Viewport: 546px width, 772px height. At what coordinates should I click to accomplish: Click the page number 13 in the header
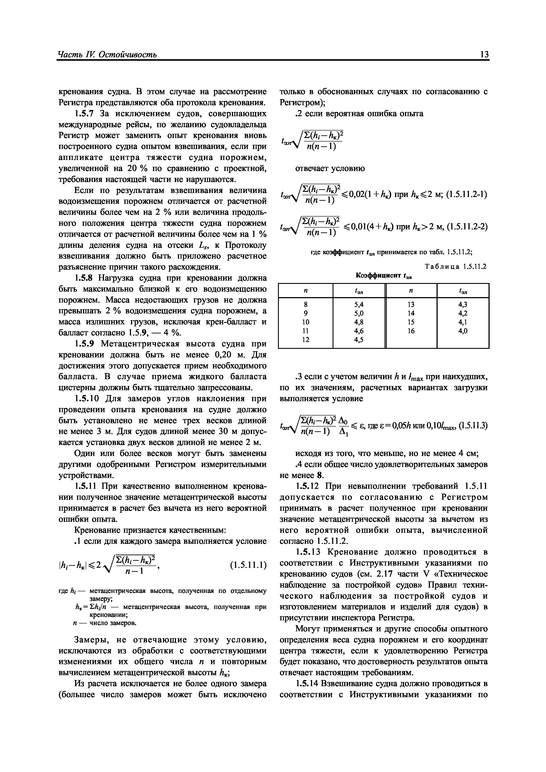coord(484,55)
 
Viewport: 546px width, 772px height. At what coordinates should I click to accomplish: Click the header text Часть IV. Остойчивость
coord(107,55)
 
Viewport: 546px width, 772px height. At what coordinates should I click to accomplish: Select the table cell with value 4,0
coord(463,331)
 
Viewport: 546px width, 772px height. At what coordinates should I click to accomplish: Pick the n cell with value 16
coord(411,331)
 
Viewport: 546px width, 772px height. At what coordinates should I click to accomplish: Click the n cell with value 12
coord(305,340)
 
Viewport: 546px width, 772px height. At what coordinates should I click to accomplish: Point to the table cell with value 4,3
coord(463,304)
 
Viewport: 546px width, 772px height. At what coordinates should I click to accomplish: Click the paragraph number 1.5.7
coord(85,114)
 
